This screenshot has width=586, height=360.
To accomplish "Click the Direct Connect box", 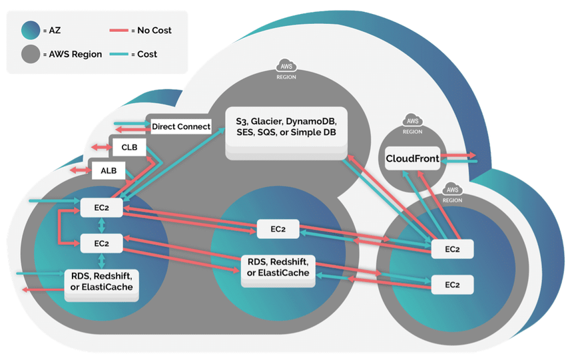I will pos(181,126).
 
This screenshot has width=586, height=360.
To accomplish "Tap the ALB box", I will pos(108,170).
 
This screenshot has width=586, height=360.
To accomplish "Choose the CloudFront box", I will pos(413,159).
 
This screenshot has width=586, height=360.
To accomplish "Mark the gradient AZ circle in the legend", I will pos(30,31).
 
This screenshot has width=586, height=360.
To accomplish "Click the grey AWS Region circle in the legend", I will pos(30,55).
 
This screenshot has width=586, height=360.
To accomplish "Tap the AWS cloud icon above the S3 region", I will pos(286,67).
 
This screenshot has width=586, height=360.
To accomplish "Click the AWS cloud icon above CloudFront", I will pos(412,122).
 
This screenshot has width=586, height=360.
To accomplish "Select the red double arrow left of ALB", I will pos(81,171).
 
